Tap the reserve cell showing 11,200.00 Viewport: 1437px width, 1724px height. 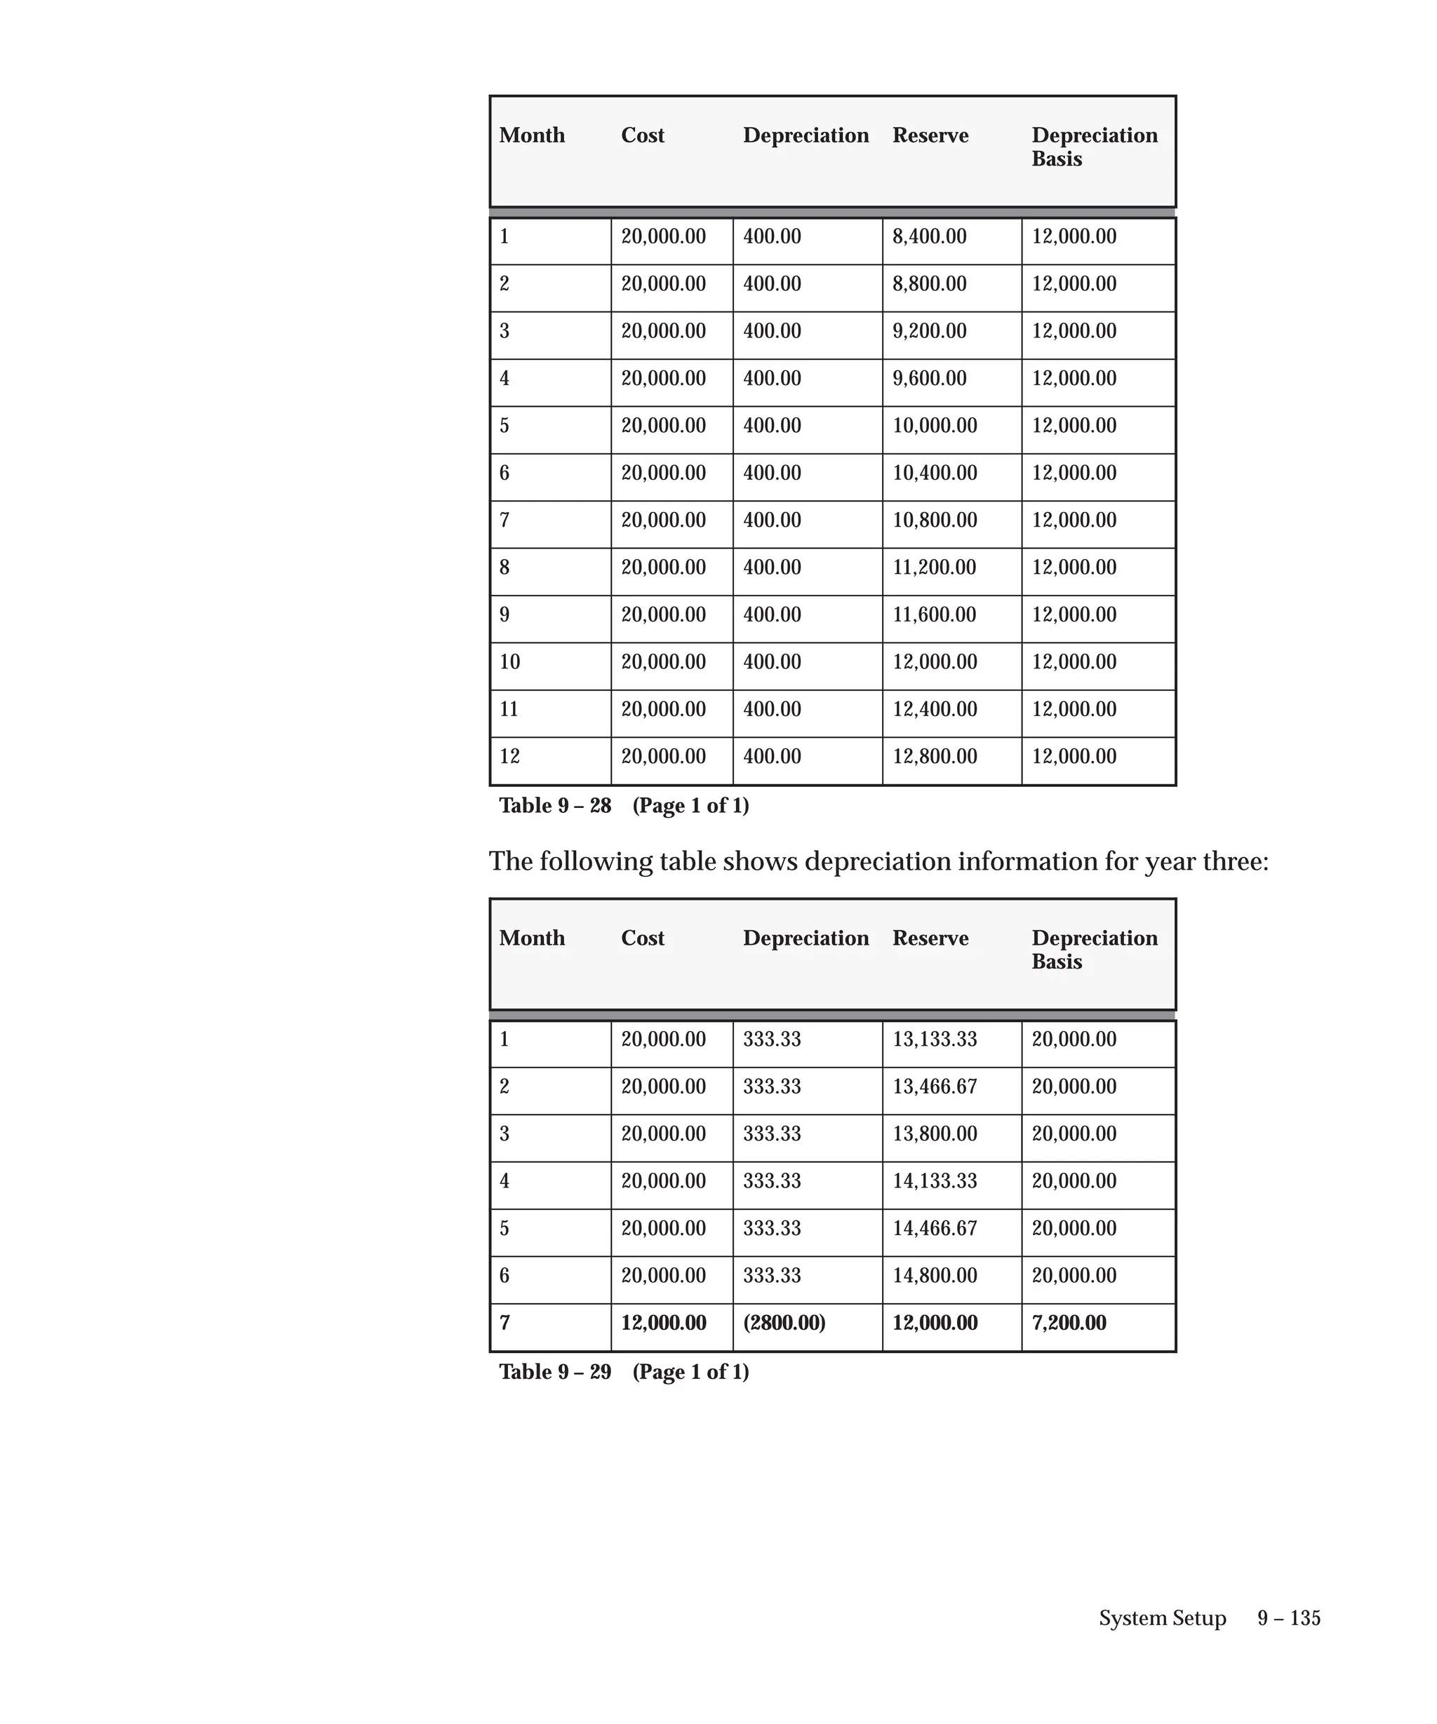(934, 567)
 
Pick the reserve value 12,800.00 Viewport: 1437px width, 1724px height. (935, 756)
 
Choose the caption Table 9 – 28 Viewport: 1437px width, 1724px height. (555, 805)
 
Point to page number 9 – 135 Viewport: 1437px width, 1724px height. (1288, 1618)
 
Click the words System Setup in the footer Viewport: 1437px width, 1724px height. (1162, 1618)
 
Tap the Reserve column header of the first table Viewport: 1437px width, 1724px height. (930, 135)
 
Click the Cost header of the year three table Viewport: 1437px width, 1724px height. (642, 938)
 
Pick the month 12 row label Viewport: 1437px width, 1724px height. (509, 756)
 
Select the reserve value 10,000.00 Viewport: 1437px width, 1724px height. (935, 425)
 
